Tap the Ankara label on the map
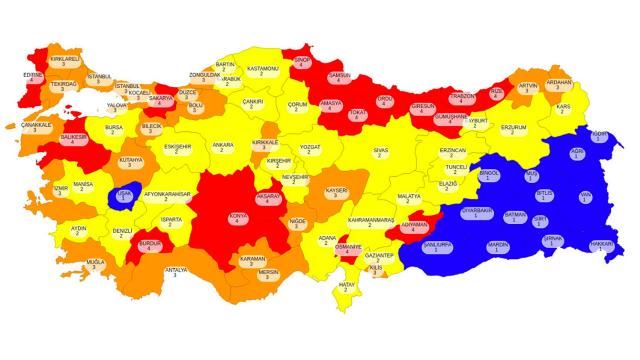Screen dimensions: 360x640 point(223,147)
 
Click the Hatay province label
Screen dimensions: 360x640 point(348,288)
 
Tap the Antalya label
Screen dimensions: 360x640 point(176,271)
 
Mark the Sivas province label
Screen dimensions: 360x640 point(380,152)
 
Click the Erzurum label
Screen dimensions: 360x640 point(513,129)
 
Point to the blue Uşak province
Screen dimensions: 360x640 point(124,197)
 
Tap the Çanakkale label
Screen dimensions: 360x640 point(36,127)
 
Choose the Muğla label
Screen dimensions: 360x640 point(95,264)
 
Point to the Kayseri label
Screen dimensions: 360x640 point(336,191)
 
